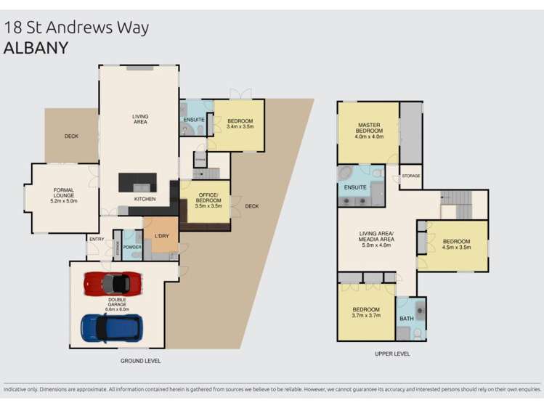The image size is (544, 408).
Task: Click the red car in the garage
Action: [x=112, y=283]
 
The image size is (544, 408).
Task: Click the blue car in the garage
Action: [x=111, y=327]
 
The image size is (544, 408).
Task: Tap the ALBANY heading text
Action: [x=36, y=49]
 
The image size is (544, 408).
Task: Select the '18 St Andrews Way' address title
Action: [x=76, y=28]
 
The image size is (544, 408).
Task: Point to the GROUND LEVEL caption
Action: [x=141, y=361]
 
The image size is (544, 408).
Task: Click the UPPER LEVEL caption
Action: [x=391, y=354]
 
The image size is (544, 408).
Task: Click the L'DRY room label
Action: [x=161, y=237]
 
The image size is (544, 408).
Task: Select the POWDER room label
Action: [x=131, y=247]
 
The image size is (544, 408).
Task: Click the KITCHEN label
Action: [x=144, y=199]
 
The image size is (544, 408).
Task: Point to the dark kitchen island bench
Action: [x=138, y=181]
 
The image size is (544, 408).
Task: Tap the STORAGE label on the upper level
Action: [x=411, y=176]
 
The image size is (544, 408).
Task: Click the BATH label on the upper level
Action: [x=405, y=319]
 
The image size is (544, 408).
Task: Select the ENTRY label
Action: [x=96, y=239]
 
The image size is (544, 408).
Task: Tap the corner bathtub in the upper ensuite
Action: [x=346, y=175]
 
